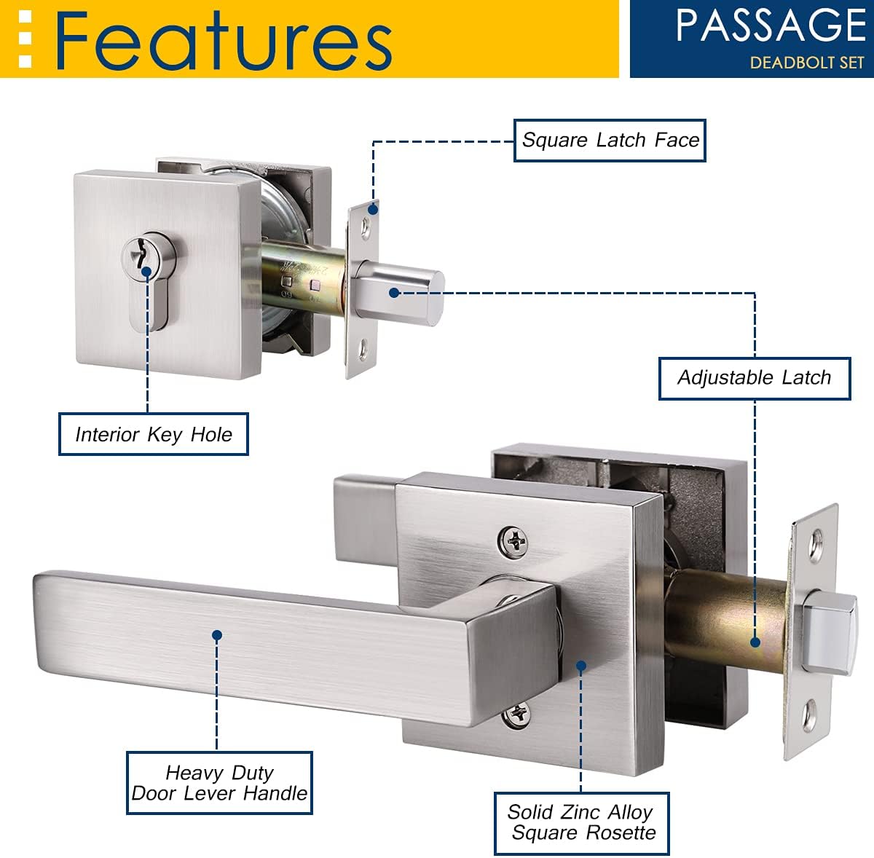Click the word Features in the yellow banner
click(223, 41)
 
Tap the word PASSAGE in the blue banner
click(771, 25)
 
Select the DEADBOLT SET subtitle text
click(807, 63)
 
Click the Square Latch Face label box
click(610, 140)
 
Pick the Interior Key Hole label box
click(153, 434)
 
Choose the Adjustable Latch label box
click(755, 378)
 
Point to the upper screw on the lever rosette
click(513, 541)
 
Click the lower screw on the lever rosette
click(516, 716)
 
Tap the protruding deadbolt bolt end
click(400, 292)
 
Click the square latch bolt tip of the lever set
click(829, 631)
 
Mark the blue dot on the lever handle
click(217, 635)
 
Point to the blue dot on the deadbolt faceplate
click(373, 209)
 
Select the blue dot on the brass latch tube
click(755, 642)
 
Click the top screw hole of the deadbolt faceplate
click(366, 227)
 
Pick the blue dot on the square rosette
click(581, 666)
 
